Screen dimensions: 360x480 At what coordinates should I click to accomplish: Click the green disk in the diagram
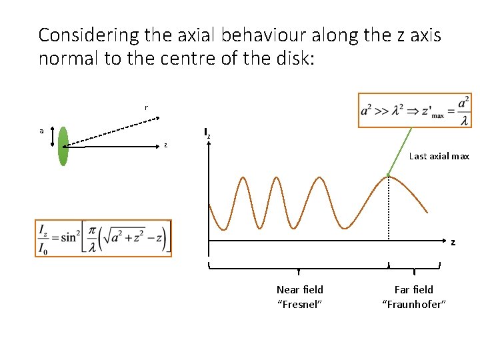(x=63, y=146)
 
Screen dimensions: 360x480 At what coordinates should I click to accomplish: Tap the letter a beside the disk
(x=41, y=131)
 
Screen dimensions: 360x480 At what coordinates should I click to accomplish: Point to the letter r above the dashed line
(x=146, y=107)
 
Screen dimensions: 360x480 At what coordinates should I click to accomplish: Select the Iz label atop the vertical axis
(x=207, y=133)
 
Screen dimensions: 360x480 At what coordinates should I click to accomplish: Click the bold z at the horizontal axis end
(x=453, y=243)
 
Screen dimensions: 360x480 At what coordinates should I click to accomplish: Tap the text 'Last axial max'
(x=439, y=156)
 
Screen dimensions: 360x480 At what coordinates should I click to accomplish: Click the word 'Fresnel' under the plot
(x=300, y=305)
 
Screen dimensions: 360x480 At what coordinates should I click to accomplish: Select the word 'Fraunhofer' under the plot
(x=413, y=305)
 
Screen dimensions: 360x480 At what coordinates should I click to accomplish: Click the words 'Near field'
(x=300, y=289)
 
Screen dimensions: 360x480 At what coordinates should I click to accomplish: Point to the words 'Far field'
(x=413, y=289)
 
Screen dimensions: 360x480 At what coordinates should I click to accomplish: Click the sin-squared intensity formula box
(x=103, y=238)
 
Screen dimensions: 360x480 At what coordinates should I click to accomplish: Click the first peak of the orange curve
(x=243, y=177)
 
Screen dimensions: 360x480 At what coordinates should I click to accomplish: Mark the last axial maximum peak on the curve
(x=389, y=177)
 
